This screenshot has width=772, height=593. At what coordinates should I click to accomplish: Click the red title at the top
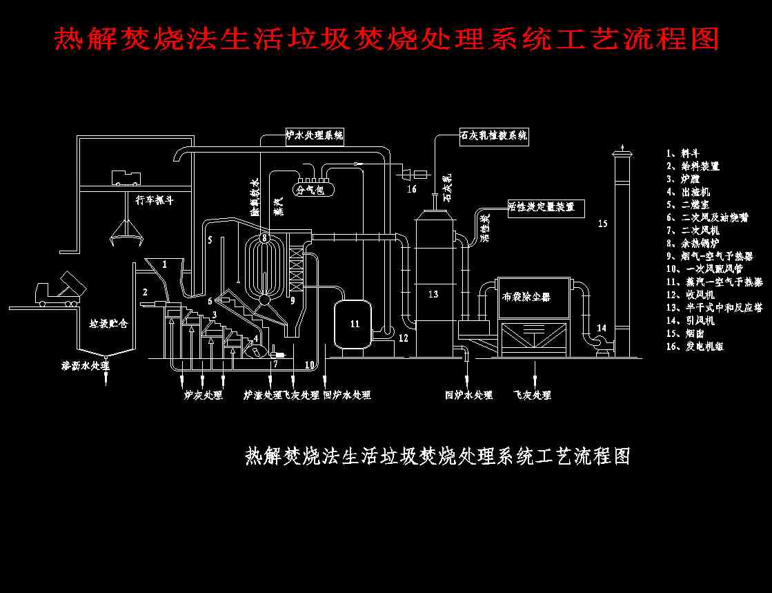[x=386, y=39]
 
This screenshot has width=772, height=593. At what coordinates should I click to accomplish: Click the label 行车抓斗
[x=154, y=201]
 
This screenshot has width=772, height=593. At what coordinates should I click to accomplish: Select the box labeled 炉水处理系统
[x=315, y=136]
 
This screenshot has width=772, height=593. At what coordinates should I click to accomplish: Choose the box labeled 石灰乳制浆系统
[x=494, y=136]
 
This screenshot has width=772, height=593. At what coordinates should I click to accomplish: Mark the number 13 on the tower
[x=433, y=295]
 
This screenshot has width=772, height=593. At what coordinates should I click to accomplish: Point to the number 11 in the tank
[x=355, y=323]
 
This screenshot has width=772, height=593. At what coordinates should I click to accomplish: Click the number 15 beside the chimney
[x=602, y=223]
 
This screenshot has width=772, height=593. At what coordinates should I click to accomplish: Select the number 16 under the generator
[x=411, y=188]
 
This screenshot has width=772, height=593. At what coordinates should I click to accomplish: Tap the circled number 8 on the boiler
[x=264, y=238]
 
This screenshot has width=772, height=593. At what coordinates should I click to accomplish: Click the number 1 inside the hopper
[x=164, y=264]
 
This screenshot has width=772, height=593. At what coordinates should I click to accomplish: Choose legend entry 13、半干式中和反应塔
[x=714, y=308]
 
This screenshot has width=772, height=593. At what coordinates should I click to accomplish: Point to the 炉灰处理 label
[x=203, y=396]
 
